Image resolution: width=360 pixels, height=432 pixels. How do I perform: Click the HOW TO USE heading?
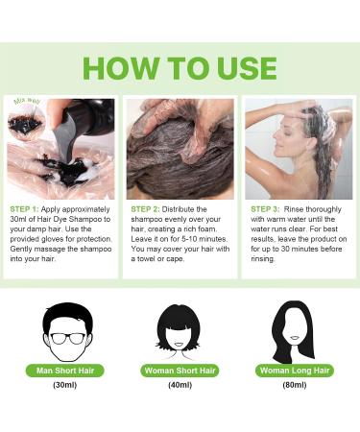point(180,67)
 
